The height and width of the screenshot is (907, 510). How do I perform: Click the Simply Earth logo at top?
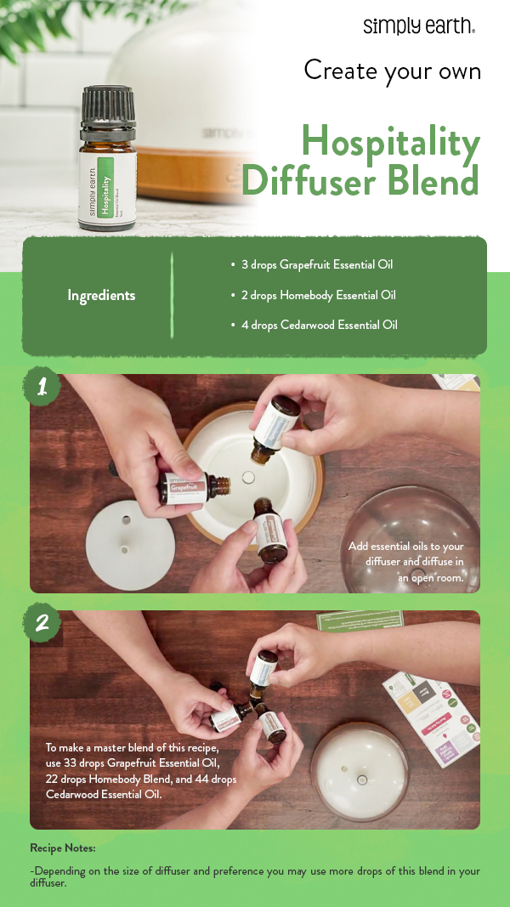tap(418, 26)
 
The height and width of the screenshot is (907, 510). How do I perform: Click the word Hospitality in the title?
tap(390, 142)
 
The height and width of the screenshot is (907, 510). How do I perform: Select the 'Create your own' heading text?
tap(392, 70)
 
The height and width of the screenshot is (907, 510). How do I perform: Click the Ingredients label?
tap(101, 296)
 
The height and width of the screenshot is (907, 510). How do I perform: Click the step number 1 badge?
tap(41, 388)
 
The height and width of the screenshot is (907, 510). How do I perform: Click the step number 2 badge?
tap(41, 624)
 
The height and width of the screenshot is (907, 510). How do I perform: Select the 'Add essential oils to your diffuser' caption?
tap(405, 561)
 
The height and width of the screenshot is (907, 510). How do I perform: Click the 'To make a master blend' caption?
tap(141, 770)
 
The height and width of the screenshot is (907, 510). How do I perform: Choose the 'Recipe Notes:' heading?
tap(62, 848)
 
